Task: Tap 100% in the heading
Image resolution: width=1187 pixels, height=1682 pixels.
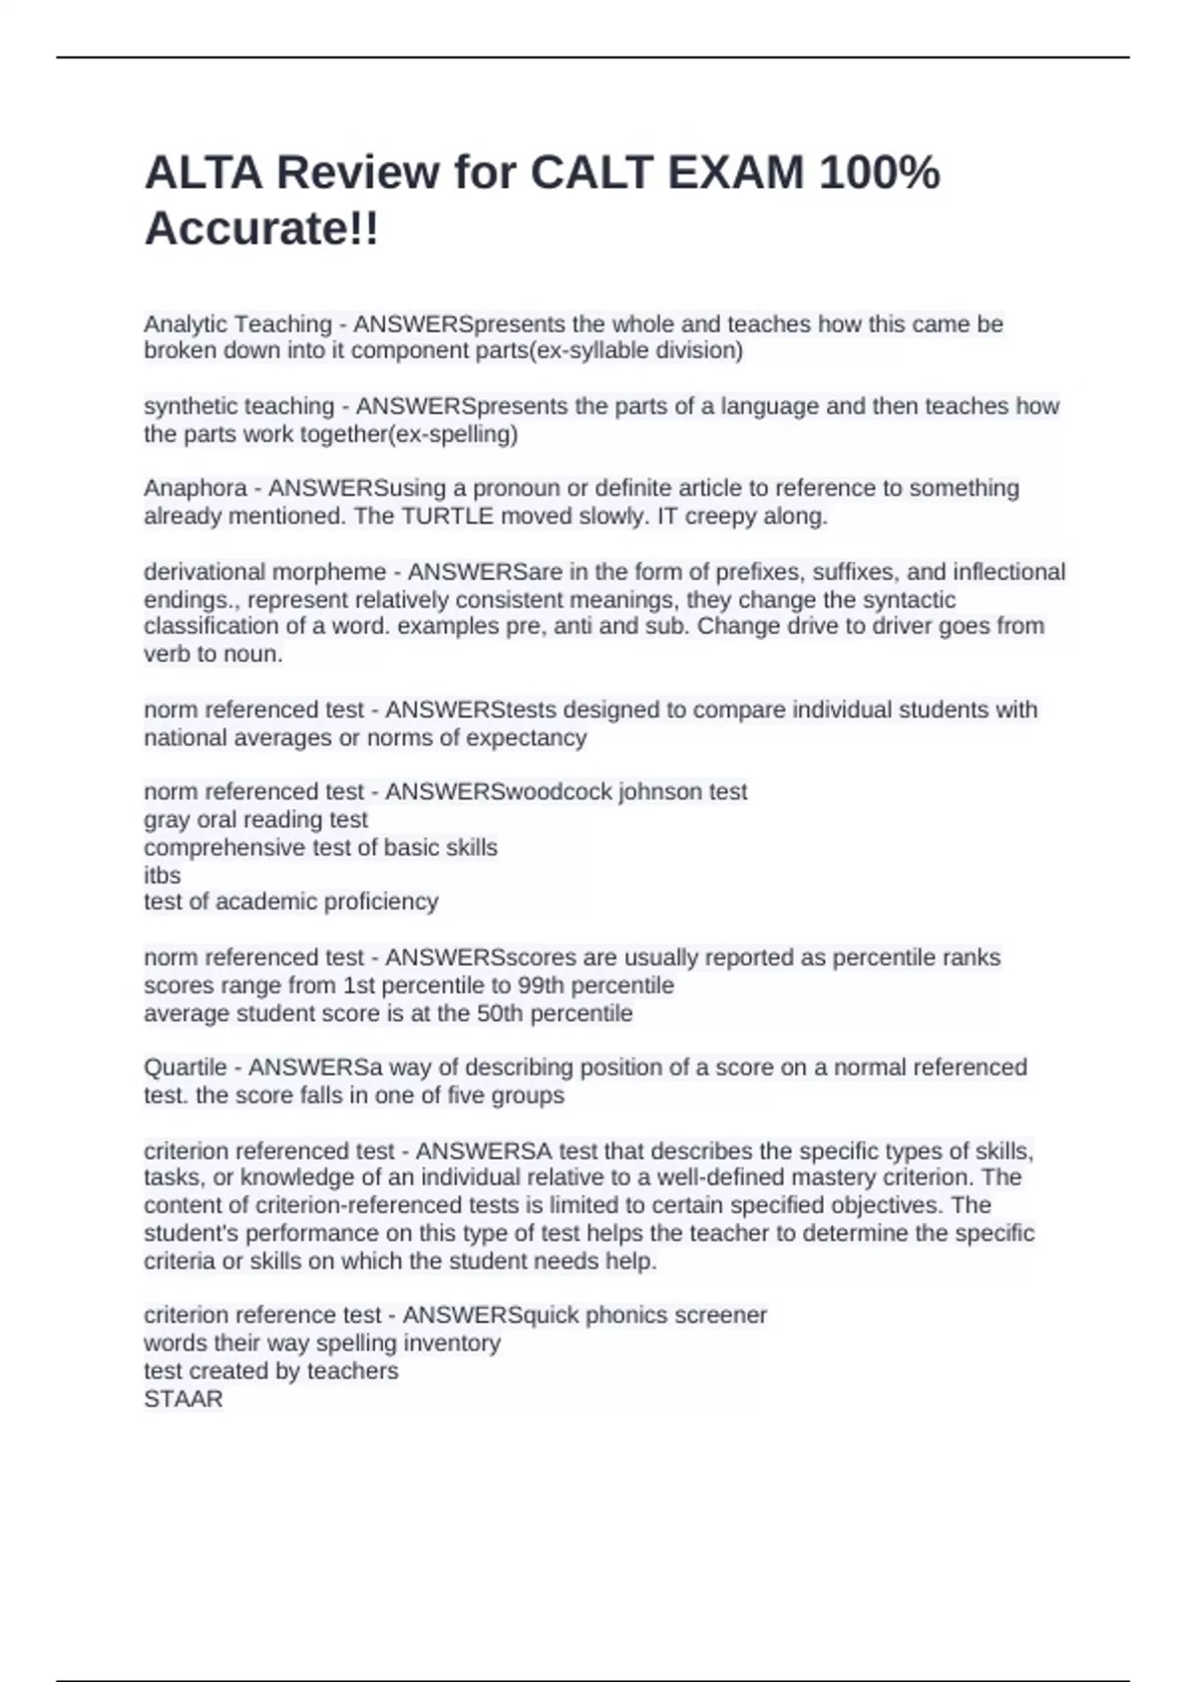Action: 879,173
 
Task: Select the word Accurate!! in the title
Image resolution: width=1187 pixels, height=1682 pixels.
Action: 261,230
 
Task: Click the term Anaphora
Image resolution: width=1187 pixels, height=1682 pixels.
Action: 196,488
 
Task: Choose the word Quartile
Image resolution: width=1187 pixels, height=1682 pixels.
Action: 185,1067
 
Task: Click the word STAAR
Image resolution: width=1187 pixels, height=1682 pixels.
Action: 183,1398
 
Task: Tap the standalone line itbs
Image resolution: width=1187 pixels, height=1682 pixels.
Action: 162,875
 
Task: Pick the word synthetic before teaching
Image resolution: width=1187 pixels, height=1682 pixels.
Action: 190,406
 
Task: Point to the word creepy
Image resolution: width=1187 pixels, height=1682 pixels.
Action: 719,515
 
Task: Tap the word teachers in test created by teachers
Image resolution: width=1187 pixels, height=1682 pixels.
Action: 352,1370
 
